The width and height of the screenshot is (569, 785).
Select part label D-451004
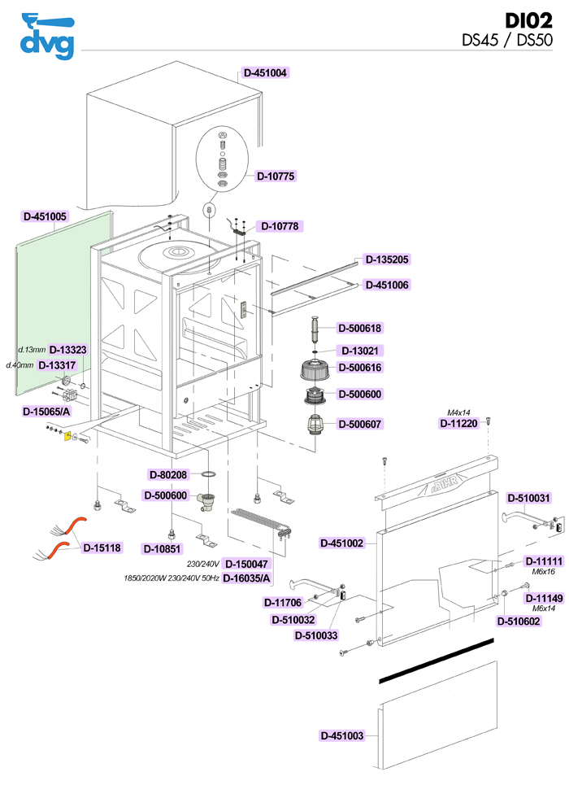point(266,72)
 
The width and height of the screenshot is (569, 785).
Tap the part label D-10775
point(276,176)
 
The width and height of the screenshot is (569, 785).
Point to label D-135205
point(387,259)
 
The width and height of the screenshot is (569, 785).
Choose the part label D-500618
point(359,328)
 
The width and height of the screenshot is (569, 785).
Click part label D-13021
point(360,351)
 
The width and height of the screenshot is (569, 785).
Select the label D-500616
point(359,368)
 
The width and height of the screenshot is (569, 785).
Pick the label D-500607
point(359,424)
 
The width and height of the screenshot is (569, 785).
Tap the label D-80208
point(168,474)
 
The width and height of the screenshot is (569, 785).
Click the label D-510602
point(519,621)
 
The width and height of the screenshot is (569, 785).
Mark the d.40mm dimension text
point(20,365)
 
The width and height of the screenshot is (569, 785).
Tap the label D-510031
point(529,498)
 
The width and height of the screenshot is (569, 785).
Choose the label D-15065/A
point(46,412)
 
